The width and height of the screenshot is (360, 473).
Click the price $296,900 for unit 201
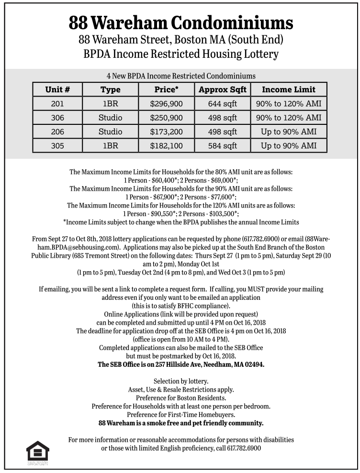pyautogui.click(x=166, y=103)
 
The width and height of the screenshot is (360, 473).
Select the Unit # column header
pyautogui.click(x=57, y=89)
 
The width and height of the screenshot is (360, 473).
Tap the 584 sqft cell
pyautogui.click(x=222, y=146)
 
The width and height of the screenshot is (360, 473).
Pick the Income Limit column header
pyautogui.click(x=288, y=89)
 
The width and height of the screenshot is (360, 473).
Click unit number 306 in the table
pyautogui.click(x=57, y=118)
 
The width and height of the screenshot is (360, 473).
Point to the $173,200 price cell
pyautogui.click(x=166, y=132)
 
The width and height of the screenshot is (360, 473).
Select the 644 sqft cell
pyautogui.click(x=222, y=103)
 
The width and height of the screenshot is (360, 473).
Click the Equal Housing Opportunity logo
pyautogui.click(x=38, y=452)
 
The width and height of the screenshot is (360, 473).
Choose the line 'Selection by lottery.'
pyautogui.click(x=180, y=381)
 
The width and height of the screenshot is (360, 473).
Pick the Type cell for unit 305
pyautogui.click(x=110, y=146)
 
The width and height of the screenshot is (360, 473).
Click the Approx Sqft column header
pyautogui.click(x=222, y=89)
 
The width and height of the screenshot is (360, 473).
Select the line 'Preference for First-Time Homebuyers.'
pyautogui.click(x=180, y=415)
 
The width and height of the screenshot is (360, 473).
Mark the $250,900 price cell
pyautogui.click(x=166, y=118)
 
